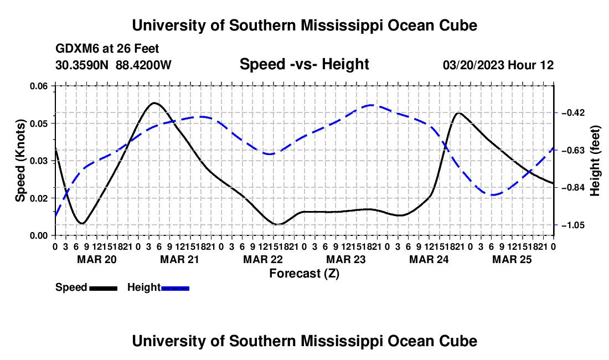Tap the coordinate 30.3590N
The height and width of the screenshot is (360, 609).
pos(82,65)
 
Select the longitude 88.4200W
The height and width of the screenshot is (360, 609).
pos(143,65)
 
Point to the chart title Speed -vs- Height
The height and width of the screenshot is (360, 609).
pos(304,64)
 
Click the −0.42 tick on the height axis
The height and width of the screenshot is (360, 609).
pos(573,112)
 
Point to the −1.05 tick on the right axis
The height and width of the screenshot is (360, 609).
pos(573,225)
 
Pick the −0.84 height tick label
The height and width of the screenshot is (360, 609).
pos(573,188)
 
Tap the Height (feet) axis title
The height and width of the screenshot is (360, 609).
pos(595,161)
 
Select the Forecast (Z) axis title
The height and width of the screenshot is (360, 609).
pos(304,274)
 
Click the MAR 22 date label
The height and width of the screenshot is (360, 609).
pos(263,259)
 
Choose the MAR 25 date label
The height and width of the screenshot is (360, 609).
pos(512,259)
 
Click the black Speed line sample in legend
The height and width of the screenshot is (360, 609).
pos(104,288)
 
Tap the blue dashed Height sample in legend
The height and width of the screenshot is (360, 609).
pos(175,288)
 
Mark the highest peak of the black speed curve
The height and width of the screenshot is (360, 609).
pos(154,103)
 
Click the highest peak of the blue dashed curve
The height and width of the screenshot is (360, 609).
pos(371,105)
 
